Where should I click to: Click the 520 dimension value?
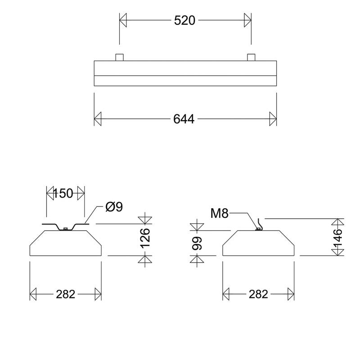tap(184, 20)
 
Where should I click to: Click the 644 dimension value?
tap(184, 119)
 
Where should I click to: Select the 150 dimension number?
tap(63, 193)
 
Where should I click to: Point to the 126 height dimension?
tap(145, 238)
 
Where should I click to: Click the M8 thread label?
tap(220, 213)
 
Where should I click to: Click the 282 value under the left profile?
tap(66, 294)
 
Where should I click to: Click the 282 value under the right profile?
tap(258, 294)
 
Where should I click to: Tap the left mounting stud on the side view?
tap(119, 57)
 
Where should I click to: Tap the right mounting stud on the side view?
tap(251, 57)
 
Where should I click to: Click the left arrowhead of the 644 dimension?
tap(98, 119)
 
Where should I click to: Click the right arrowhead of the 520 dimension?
tap(247, 20)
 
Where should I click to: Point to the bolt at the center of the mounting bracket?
tap(66, 229)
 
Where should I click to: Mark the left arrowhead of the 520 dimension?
tap(123, 20)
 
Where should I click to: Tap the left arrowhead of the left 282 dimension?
tap(33, 294)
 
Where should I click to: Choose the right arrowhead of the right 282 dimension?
tap(291, 294)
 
